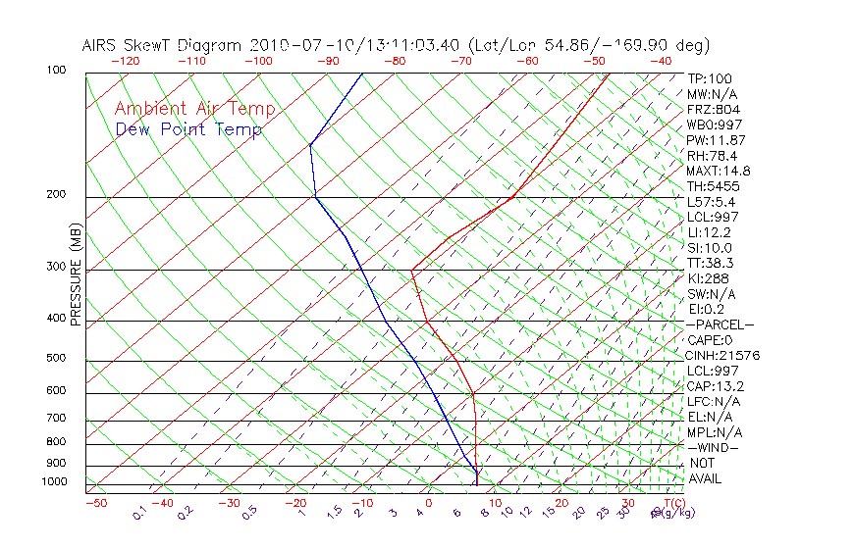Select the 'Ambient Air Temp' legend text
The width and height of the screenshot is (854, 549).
pos(194,110)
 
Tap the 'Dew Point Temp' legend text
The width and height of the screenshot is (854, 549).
pos(188,130)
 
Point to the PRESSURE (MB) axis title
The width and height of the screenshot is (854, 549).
pos(76,274)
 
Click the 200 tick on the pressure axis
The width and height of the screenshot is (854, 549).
pos(55,195)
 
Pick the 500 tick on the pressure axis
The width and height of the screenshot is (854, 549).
pos(55,359)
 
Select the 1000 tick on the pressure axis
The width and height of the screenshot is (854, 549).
pos(53,482)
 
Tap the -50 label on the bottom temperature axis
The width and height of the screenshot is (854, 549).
pos(95,503)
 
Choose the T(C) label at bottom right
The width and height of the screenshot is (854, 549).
pos(672,503)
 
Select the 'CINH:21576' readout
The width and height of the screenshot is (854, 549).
pos(723,355)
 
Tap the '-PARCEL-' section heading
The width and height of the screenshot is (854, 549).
pos(721,324)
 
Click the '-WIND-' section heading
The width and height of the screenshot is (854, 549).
pos(714,447)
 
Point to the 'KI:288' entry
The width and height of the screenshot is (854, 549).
pos(707,278)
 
